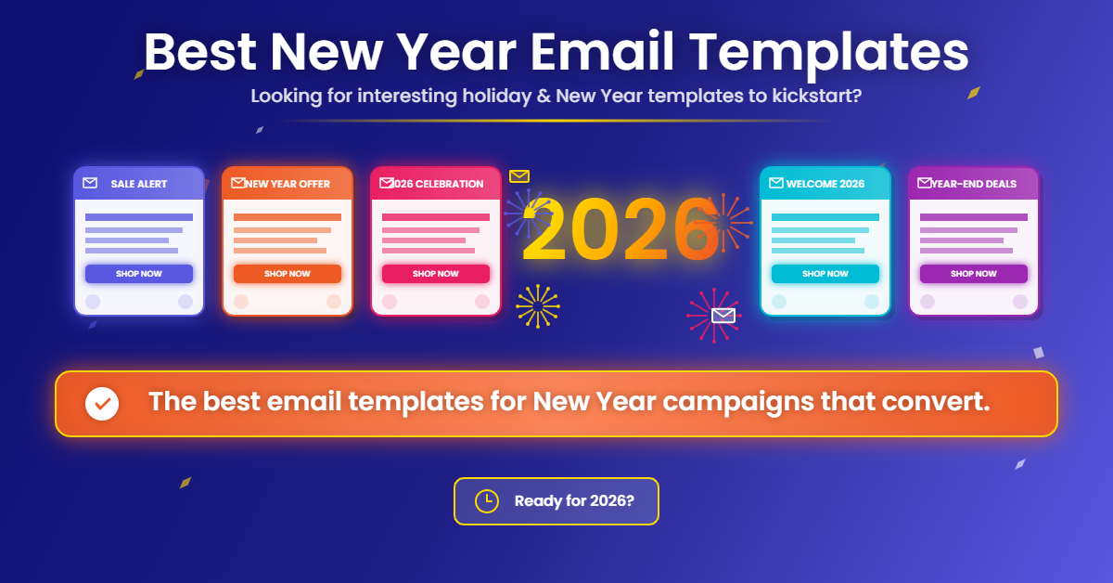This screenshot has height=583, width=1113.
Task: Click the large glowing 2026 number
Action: pyautogui.click(x=620, y=229)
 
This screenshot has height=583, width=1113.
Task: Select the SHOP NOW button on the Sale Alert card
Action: pyautogui.click(x=139, y=274)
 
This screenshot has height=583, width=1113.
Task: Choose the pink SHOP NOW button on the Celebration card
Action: pyautogui.click(x=436, y=274)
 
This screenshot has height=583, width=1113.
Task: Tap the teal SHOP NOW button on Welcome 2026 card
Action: pyautogui.click(x=825, y=274)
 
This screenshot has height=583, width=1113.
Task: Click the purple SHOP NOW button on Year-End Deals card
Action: pyautogui.click(x=974, y=274)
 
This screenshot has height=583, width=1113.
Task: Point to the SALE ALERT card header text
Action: pyautogui.click(x=139, y=184)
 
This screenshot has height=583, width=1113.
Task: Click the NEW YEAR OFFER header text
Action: pyautogui.click(x=288, y=184)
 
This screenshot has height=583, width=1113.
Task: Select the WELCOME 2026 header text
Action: pyautogui.click(x=825, y=184)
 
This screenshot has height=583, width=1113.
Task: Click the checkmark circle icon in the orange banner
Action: pyautogui.click(x=101, y=404)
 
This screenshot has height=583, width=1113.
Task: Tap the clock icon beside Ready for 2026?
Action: pyautogui.click(x=486, y=501)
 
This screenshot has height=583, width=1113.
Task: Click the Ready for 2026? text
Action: pyautogui.click(x=574, y=501)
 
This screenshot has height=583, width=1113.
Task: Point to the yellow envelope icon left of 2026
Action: pyautogui.click(x=519, y=175)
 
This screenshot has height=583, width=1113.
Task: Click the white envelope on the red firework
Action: pyautogui.click(x=723, y=316)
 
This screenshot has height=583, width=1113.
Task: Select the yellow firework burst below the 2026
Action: pyautogui.click(x=537, y=306)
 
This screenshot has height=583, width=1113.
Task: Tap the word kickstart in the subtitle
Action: pyautogui.click(x=812, y=96)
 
